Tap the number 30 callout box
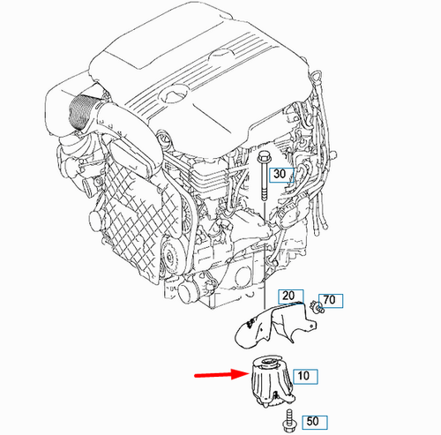coord(280,175)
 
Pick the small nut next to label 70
coord(317,308)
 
